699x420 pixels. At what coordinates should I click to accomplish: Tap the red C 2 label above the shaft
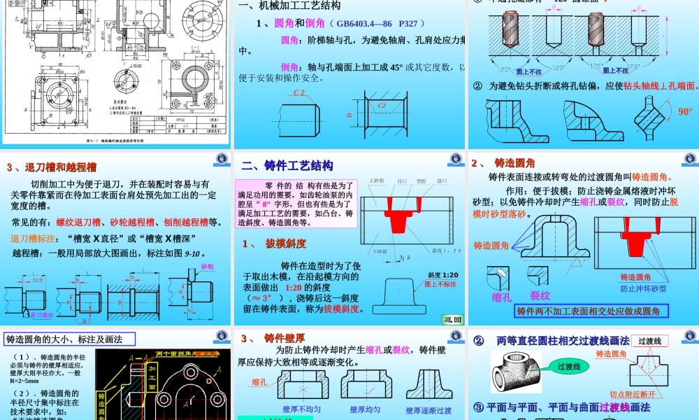299,92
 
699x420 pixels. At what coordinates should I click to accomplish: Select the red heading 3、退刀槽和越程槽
51,167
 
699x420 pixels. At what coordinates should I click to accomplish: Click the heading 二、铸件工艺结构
287,166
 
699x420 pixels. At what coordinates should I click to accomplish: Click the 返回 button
453,319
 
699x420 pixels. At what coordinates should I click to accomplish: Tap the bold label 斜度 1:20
440,275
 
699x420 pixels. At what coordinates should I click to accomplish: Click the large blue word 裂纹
540,295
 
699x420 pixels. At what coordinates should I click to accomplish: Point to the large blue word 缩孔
502,297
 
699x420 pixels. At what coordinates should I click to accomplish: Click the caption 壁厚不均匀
301,409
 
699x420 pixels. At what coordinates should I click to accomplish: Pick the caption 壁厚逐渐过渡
428,410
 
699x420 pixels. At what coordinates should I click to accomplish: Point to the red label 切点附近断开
635,394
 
